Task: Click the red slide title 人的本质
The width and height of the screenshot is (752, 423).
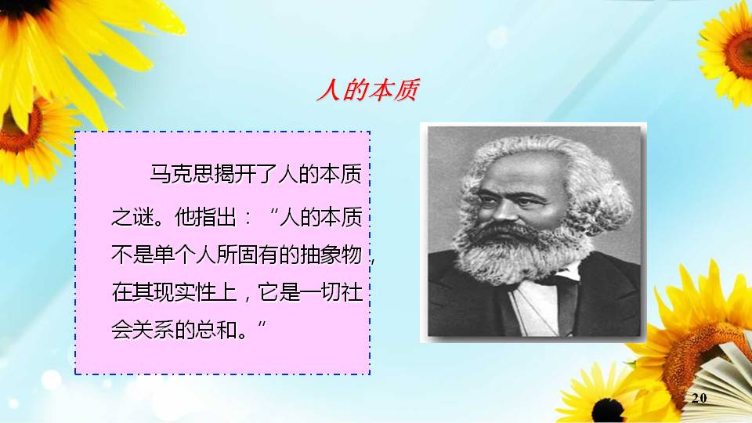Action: pyautogui.click(x=368, y=89)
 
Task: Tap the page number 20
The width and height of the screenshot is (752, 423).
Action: pyautogui.click(x=700, y=398)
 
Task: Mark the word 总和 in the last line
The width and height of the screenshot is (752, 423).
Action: pyautogui.click(x=216, y=330)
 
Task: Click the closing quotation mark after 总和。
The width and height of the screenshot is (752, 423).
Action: pyautogui.click(x=262, y=324)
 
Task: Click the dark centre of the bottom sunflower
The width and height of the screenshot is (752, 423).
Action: pyautogui.click(x=608, y=411)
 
